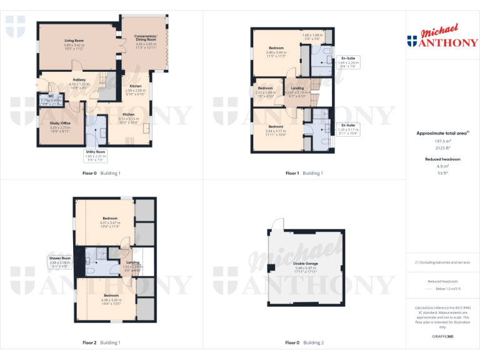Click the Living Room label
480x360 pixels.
tap(74, 41)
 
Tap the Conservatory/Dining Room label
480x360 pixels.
tap(146, 38)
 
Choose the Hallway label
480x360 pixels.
tap(79, 79)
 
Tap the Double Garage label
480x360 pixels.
tap(306, 264)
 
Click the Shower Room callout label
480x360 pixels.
tap(61, 258)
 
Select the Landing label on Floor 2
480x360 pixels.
tap(132, 262)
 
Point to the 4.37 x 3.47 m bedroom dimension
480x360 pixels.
tap(109, 222)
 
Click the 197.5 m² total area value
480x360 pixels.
tap(442, 142)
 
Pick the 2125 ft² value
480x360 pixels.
tap(442, 148)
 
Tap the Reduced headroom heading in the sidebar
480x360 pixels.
tap(442, 159)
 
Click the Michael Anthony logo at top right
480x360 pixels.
tap(442, 37)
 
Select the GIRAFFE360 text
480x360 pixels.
tap(442, 337)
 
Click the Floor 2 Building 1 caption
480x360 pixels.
tap(101, 342)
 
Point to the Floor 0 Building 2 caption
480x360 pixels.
tap(304, 342)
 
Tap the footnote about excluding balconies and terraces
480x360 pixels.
tap(442, 262)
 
